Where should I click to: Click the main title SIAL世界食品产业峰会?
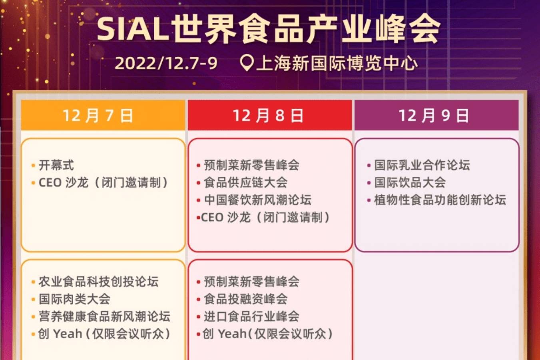[x=269, y=29]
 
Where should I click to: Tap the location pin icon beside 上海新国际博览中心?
[x=247, y=63]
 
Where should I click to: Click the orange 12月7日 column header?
[x=98, y=115]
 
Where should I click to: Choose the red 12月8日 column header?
[x=268, y=115]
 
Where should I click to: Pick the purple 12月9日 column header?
[x=434, y=115]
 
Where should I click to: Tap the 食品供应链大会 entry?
[x=245, y=183]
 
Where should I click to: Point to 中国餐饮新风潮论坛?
[x=257, y=200]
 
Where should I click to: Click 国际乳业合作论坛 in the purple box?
[x=422, y=165]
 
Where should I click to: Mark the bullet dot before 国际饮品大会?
[x=369, y=183]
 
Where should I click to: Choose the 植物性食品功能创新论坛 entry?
[x=440, y=200]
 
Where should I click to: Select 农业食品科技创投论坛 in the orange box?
[x=98, y=282]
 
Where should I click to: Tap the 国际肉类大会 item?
[x=74, y=299]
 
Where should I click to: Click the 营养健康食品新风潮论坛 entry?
[x=104, y=316]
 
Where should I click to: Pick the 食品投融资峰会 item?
[x=245, y=299]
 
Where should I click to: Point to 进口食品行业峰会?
[x=251, y=316]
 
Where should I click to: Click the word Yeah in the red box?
[x=232, y=334]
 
